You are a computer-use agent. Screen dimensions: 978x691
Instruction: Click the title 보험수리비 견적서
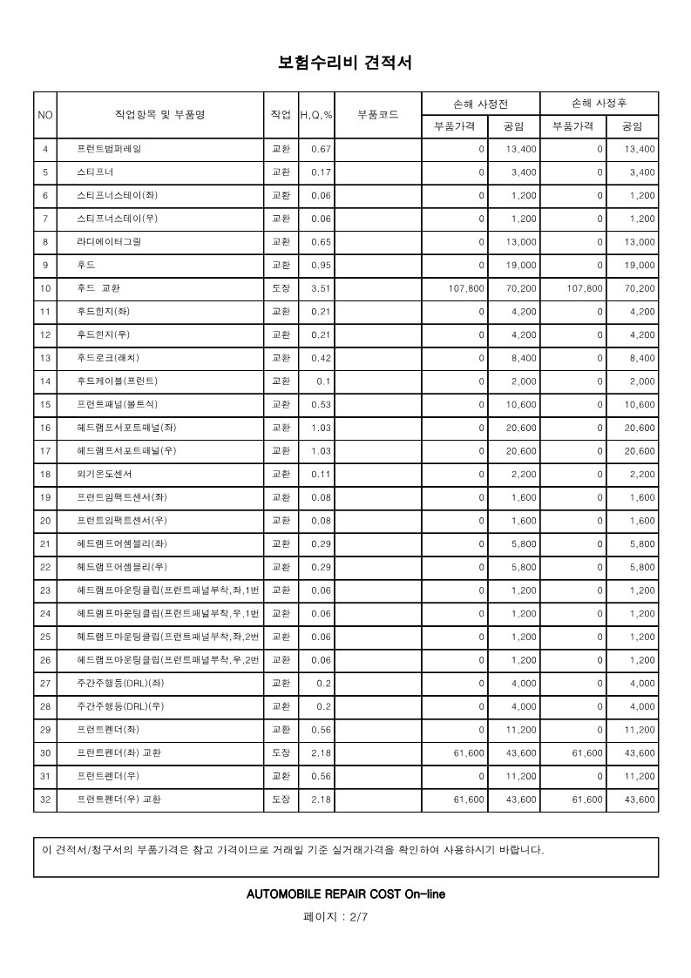345,63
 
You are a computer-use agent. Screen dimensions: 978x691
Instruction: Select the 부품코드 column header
378,115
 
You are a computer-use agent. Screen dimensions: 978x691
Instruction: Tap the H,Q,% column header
316,115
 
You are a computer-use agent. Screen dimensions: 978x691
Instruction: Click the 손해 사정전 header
480,103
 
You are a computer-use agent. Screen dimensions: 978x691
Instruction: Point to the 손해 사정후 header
599,103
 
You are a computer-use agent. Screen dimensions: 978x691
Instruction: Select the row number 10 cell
45,288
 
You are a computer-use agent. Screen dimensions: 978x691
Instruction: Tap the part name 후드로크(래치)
109,358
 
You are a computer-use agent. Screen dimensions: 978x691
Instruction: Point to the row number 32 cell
45,799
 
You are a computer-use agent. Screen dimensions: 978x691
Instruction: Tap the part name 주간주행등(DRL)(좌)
115,683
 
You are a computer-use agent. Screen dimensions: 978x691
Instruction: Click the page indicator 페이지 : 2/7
345,917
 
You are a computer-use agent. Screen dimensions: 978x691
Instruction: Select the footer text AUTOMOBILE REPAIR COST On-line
345,894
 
